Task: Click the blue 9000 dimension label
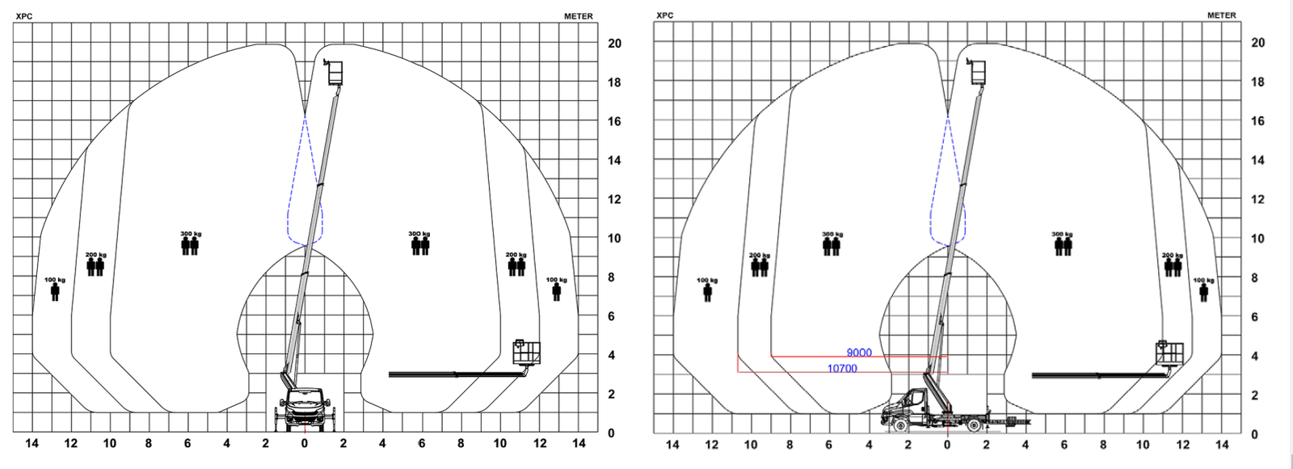tap(859, 353)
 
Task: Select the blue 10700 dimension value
tap(842, 369)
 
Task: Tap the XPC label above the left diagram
tap(24, 16)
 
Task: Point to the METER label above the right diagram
tap(1221, 15)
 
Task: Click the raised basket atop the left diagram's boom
tap(335, 73)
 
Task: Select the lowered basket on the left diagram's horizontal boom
tap(527, 353)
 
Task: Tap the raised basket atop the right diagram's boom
tap(978, 72)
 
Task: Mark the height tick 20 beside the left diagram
tap(614, 44)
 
